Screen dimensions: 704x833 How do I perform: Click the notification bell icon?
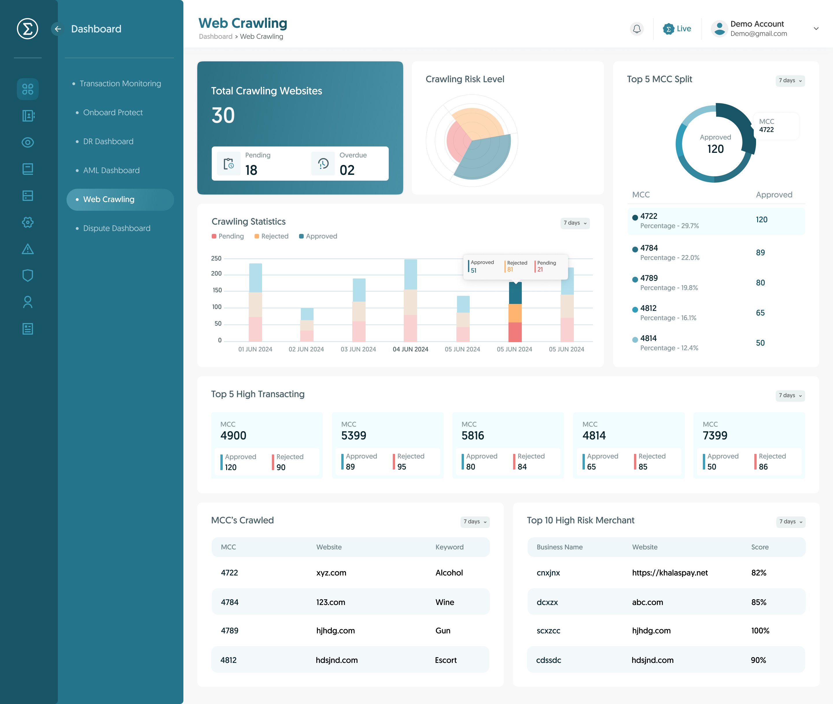point(637,29)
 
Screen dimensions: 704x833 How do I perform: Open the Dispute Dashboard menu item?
point(117,228)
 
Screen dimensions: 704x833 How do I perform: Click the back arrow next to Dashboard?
point(58,29)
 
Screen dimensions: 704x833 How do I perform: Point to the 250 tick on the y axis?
point(216,258)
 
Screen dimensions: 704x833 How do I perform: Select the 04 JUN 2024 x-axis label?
point(410,349)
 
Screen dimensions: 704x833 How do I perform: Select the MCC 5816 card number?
point(473,435)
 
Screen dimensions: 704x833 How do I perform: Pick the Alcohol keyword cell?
point(449,573)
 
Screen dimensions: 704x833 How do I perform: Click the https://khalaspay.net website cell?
point(670,573)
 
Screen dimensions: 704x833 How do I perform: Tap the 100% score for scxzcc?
point(760,630)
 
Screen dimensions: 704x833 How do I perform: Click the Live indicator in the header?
point(677,29)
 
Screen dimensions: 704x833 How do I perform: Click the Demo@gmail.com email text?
point(758,34)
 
